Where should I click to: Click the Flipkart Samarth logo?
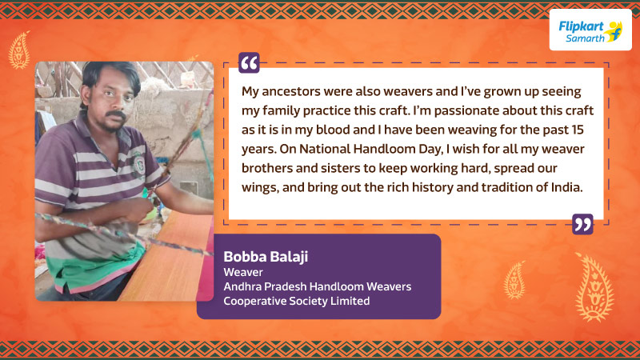590,30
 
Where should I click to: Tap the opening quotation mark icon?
249,63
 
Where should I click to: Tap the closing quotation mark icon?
582,224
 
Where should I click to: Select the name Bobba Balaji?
266,257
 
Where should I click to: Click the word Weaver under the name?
243,272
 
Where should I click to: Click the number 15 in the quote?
578,130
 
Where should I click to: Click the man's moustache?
115,115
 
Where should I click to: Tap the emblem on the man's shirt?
138,165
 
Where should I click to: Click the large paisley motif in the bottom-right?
594,287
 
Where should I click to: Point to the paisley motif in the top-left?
19,50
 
